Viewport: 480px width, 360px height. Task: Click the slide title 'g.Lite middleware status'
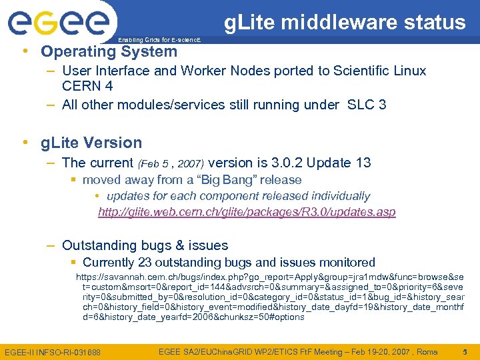(345, 23)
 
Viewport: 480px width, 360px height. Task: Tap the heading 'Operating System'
(109, 51)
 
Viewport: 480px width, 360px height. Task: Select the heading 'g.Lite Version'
(91, 143)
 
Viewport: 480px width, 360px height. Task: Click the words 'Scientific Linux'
(378, 71)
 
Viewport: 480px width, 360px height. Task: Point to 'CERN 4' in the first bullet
(87, 86)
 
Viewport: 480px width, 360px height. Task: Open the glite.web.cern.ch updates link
(247, 212)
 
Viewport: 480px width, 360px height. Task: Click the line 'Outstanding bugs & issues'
(145, 245)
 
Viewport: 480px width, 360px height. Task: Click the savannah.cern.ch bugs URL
(270, 297)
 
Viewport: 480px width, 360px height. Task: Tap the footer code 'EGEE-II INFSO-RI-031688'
(53, 351)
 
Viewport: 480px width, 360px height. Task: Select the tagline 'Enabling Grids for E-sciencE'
(159, 41)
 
